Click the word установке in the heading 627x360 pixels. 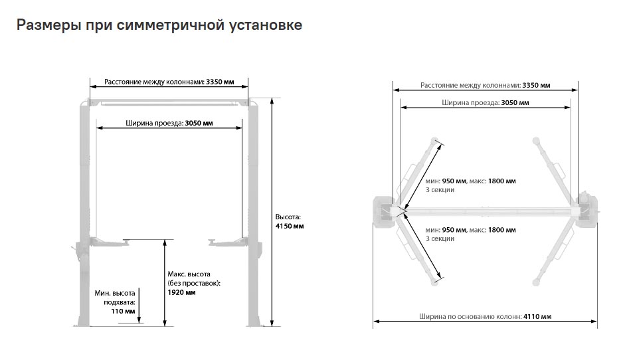(266, 25)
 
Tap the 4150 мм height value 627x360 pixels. (290, 226)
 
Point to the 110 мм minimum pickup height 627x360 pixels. (123, 312)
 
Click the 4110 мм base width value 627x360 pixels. (537, 316)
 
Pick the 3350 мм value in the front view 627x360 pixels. (220, 82)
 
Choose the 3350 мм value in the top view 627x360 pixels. (536, 85)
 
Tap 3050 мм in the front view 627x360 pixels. (199, 123)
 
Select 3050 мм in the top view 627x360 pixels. (515, 103)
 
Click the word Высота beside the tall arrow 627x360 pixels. (288, 217)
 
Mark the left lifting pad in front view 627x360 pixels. (128, 241)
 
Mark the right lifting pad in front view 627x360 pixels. (213, 241)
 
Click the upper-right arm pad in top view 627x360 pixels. (536, 141)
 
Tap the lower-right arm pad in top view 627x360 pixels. (536, 282)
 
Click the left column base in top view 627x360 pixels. (385, 211)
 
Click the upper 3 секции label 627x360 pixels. (440, 190)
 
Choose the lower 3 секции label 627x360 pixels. (440, 239)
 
